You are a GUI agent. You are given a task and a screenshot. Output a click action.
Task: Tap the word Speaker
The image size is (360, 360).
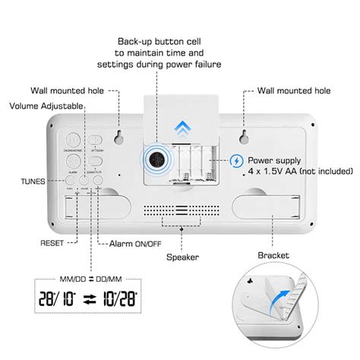click(183, 257)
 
